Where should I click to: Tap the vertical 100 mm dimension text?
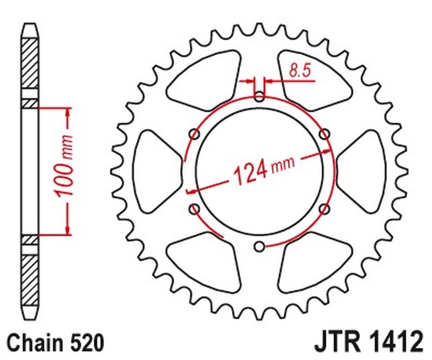(66, 171)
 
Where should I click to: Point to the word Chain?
(34, 343)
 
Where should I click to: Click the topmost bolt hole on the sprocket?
(259, 98)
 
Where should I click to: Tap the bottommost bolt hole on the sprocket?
(259, 247)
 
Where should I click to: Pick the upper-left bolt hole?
(194, 135)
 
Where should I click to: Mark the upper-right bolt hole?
(324, 135)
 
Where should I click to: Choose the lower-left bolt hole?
(194, 210)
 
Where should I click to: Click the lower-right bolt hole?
(324, 210)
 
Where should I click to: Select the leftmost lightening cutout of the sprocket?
(156, 172)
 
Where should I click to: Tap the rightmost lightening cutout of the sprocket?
(363, 172)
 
